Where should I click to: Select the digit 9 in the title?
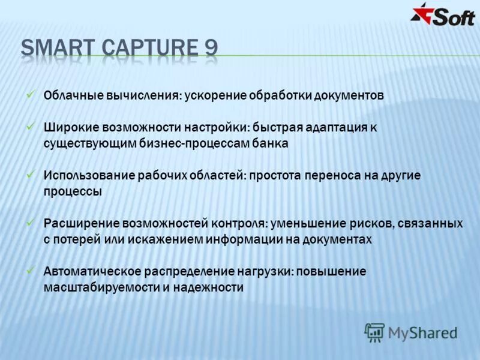tap(211, 48)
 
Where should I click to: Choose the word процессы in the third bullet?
tap(73, 191)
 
